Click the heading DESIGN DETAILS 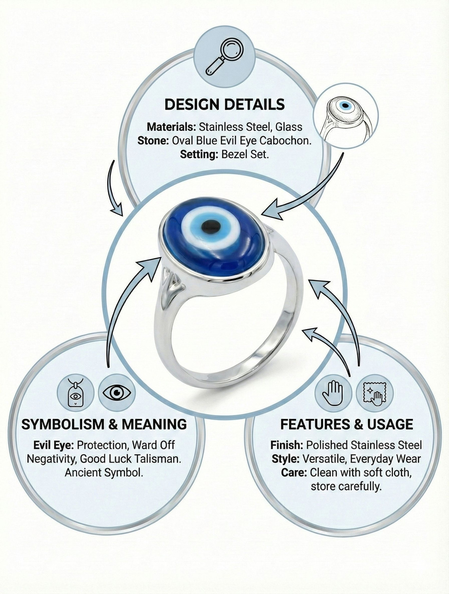coord(224,104)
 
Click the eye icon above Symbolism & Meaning coord(117,393)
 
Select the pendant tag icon coord(76,393)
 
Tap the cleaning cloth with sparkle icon coord(375,393)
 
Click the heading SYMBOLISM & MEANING coord(104,424)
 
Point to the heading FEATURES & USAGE coord(347,424)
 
